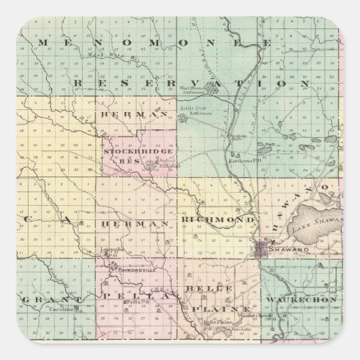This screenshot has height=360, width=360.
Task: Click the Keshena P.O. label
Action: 248,160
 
